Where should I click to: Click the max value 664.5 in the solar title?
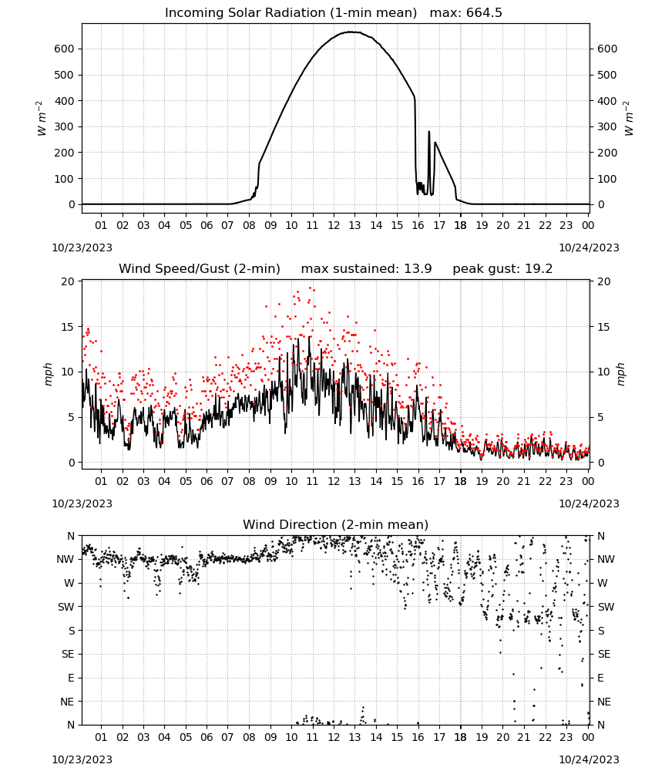tap(484, 13)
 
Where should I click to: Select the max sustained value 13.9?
tap(418, 269)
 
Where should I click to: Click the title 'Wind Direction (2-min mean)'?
tap(336, 524)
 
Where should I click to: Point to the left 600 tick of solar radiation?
tap(65, 49)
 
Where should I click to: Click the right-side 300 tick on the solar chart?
tap(607, 126)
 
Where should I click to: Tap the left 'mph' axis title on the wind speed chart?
tap(48, 374)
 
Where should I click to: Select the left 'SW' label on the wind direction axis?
tap(66, 607)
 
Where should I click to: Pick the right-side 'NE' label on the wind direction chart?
tap(604, 702)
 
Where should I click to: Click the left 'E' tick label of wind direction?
tap(71, 678)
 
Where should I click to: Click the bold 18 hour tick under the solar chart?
tap(460, 225)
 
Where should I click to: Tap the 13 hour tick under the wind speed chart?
tap(354, 481)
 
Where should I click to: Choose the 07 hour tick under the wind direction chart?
tap(227, 737)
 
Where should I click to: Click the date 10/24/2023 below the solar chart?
tap(589, 247)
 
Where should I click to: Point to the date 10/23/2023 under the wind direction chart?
tap(82, 759)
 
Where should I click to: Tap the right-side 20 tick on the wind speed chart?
tap(604, 281)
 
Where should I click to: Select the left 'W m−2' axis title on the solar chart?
tap(42, 119)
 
